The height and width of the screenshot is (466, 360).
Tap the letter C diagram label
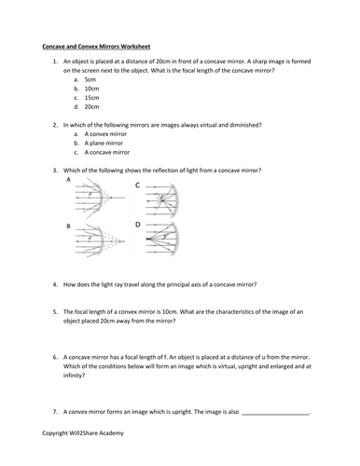[138, 185]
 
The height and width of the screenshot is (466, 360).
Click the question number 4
[55, 282]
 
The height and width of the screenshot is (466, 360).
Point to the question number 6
[55, 356]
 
